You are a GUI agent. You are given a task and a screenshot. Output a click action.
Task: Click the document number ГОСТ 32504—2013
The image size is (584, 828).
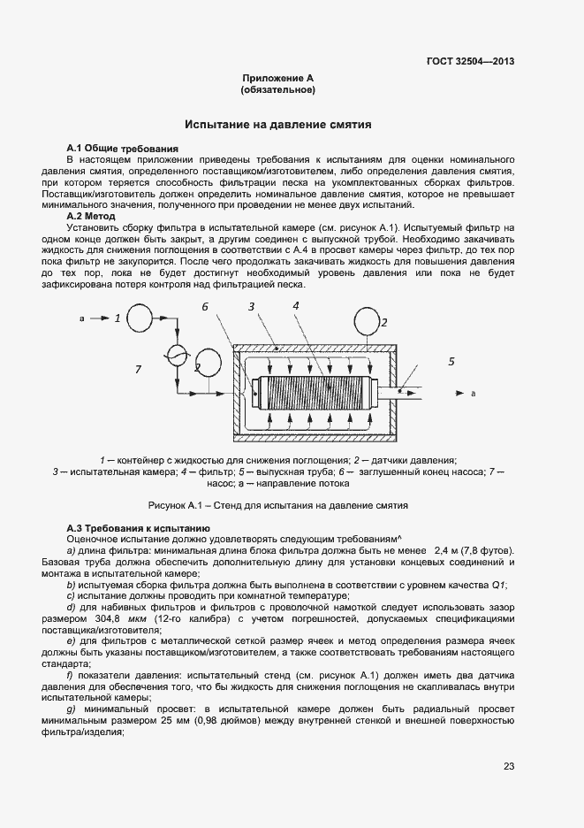469,62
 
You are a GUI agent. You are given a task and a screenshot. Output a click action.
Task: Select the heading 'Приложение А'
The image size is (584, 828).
277,79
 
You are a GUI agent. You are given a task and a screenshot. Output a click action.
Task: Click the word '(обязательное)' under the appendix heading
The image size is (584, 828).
277,90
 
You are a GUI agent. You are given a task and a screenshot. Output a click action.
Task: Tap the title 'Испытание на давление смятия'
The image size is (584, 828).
277,125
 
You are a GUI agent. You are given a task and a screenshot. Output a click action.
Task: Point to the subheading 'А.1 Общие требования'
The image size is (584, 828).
123,148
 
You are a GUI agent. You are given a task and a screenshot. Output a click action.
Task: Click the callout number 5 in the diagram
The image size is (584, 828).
451,361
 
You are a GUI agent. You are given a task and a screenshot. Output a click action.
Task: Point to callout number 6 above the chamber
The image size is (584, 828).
204,307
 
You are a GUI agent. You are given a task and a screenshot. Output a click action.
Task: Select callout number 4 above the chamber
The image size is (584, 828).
295,305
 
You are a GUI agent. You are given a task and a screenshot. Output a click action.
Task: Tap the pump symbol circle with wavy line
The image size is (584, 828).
175,355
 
